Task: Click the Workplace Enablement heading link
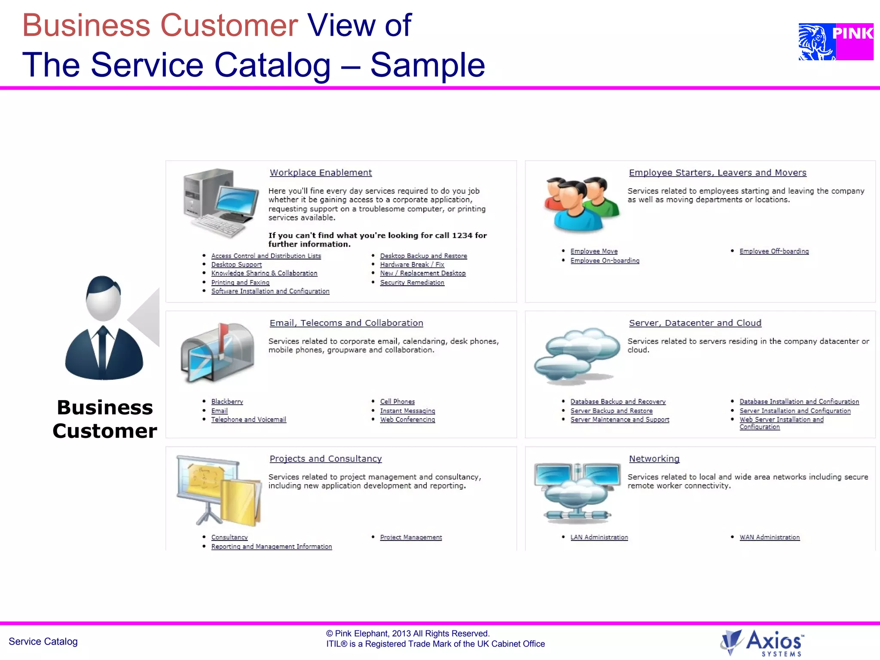(x=321, y=173)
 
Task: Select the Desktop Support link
(x=236, y=265)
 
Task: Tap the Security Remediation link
(x=412, y=282)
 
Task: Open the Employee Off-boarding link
(x=774, y=251)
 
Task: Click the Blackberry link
(x=227, y=401)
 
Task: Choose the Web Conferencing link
(x=407, y=419)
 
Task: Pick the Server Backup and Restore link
(x=611, y=411)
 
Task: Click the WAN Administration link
(x=769, y=537)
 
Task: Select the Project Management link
(x=411, y=537)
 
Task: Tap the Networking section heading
(x=654, y=459)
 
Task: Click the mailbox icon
(x=217, y=352)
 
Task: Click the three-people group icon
(x=580, y=204)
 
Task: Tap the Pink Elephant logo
(x=835, y=42)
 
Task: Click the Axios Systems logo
(x=762, y=643)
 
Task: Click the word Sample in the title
(x=427, y=65)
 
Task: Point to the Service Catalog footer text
(x=43, y=642)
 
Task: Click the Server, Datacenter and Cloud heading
(x=695, y=323)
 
